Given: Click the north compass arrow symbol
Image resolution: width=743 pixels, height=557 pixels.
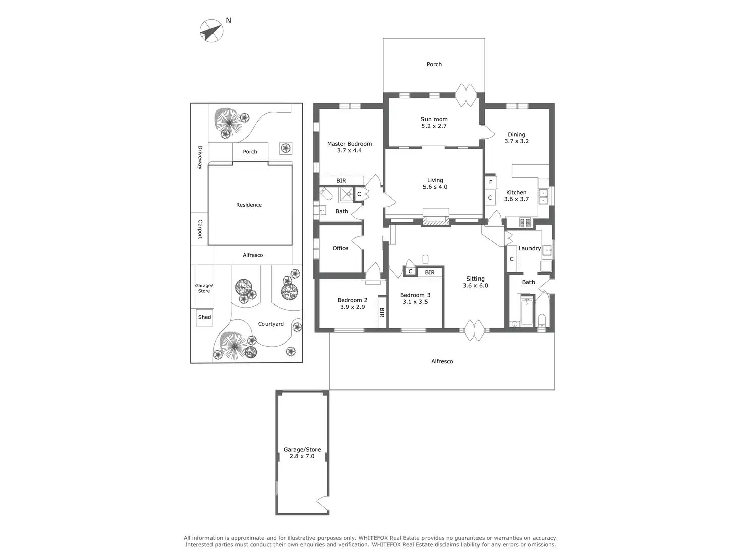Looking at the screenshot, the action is pos(211,31).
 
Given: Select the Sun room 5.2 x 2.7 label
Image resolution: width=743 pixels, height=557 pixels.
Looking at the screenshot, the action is pos(434,123).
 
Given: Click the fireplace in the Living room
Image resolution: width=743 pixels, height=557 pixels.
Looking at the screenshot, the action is pos(435,219).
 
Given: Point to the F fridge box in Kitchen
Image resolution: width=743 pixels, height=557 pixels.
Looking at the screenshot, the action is pos(490,182).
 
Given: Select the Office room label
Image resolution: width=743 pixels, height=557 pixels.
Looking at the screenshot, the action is pos(340,248).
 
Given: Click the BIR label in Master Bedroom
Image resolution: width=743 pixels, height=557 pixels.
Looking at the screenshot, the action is pos(341,181).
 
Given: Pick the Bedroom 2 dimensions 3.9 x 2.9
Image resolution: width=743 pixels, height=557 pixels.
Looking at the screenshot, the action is pos(352,307).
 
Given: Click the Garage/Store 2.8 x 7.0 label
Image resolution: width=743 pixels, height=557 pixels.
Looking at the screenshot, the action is pos(302,453).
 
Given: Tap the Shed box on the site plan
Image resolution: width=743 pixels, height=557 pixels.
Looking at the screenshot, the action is pos(204,317).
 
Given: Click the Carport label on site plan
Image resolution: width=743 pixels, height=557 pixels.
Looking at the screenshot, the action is pos(200,229).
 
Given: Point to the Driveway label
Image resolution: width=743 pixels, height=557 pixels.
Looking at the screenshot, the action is pos(200,157).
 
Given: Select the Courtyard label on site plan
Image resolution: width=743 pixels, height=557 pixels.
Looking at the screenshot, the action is pos(271,324).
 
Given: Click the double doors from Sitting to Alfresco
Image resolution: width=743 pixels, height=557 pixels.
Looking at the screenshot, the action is pos(474,330).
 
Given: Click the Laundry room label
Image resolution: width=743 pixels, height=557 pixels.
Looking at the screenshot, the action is pos(529,248).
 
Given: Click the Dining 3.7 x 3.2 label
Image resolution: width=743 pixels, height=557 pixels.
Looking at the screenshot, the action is pos(516,138).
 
